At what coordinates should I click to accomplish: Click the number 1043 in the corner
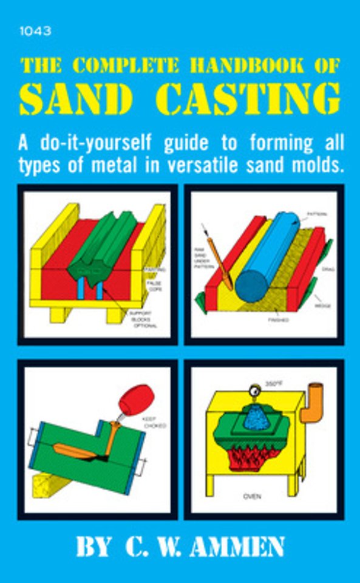point(35,32)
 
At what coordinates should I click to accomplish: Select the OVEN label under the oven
point(253,496)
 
